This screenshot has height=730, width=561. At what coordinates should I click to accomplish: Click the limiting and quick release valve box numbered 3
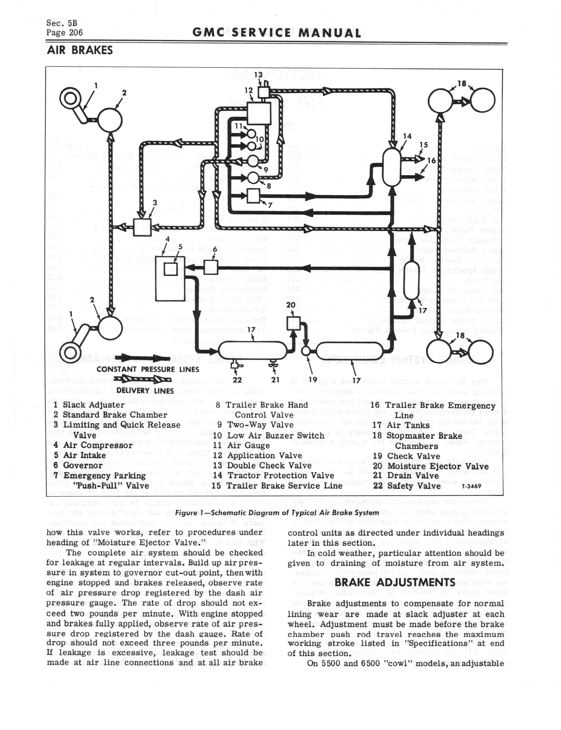(x=142, y=227)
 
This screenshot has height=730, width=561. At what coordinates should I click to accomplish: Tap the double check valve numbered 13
(x=264, y=90)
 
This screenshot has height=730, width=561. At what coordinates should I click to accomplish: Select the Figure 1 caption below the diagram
(x=277, y=513)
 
